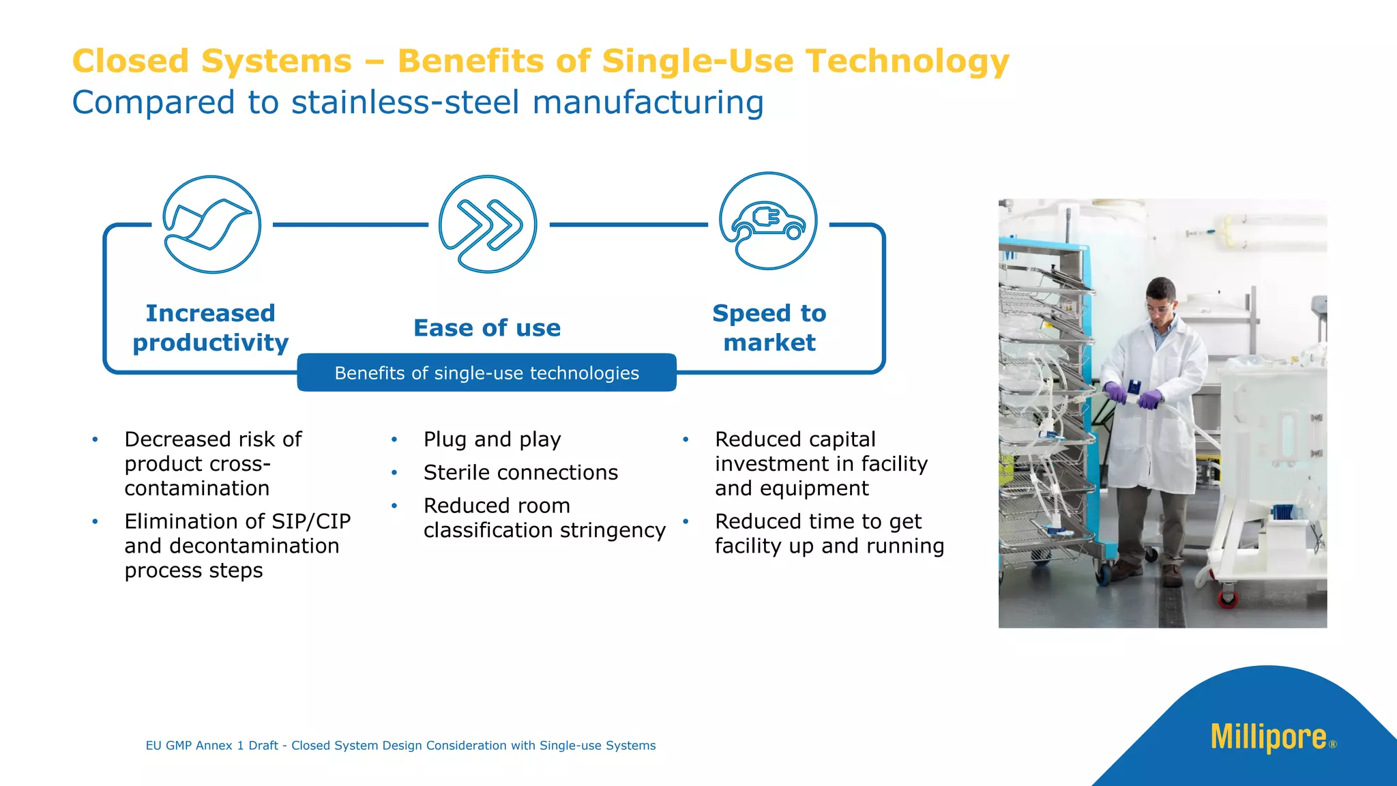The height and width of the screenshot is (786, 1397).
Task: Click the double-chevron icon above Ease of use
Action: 488,224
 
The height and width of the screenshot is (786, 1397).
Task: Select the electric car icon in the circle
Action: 768,221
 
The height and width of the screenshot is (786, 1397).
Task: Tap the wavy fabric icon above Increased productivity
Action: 211,224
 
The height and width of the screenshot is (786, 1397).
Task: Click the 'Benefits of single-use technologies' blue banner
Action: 486,373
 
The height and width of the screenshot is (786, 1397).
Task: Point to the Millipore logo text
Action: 1268,738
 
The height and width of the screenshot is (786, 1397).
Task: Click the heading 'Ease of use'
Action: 487,328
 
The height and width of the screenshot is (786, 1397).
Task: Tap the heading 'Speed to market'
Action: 769,327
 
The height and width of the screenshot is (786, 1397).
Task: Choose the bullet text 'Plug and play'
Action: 492,439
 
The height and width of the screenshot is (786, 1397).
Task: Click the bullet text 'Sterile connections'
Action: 520,472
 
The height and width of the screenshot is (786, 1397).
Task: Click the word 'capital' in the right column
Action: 842,439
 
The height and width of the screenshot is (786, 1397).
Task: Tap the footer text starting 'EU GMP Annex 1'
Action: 400,746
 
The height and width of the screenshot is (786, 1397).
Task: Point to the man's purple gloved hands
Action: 1132,395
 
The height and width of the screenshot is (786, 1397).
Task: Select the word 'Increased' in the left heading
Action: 210,313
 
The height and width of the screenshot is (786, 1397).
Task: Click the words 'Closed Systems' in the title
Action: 211,61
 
